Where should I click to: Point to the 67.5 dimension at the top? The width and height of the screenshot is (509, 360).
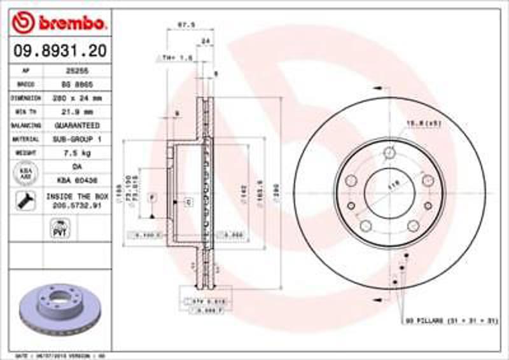(186, 26)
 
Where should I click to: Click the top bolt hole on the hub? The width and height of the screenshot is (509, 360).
(389, 153)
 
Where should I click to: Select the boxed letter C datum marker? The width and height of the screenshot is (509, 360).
(189, 202)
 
